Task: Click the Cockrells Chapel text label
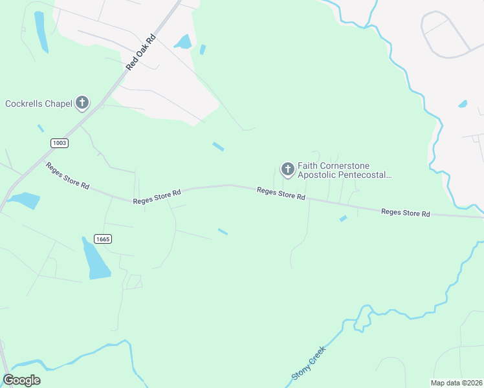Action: coord(38,103)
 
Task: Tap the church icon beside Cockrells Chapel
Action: coord(82,102)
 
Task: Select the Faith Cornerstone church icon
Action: coord(287,169)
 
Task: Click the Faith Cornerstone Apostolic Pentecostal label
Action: coord(344,170)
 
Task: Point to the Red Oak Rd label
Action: coord(142,53)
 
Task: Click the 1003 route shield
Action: coord(59,142)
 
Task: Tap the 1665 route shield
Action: coord(102,239)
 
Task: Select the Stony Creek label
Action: coord(307,363)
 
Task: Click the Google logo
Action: coord(21,380)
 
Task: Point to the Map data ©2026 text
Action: coord(456,382)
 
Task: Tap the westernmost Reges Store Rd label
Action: coord(67,175)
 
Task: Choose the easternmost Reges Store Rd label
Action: coord(406,212)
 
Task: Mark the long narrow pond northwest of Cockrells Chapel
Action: coord(41,32)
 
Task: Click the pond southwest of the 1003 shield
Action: coord(25,200)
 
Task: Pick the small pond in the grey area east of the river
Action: coord(463,103)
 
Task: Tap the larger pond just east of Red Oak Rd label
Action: coord(183,42)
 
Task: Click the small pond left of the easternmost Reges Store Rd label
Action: coord(343,219)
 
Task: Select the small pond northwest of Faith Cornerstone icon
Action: coord(218,147)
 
